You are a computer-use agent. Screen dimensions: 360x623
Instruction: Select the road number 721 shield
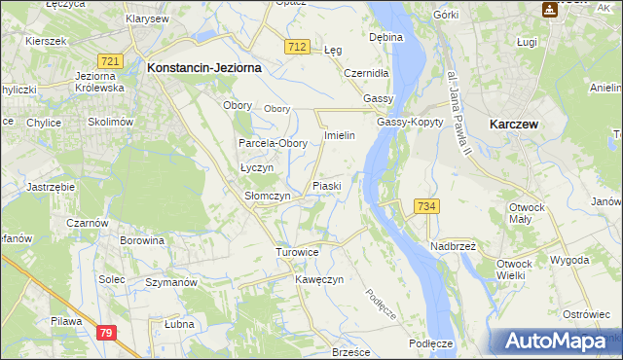[x=110, y=61]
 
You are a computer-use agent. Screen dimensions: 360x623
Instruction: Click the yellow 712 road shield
[x=298, y=47]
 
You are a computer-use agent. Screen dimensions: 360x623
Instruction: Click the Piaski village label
[x=325, y=185]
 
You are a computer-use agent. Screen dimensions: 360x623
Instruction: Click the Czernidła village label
[x=366, y=73]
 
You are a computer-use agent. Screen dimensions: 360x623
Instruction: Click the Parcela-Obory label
[x=274, y=143]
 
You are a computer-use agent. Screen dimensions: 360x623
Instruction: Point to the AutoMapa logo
[x=555, y=341]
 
